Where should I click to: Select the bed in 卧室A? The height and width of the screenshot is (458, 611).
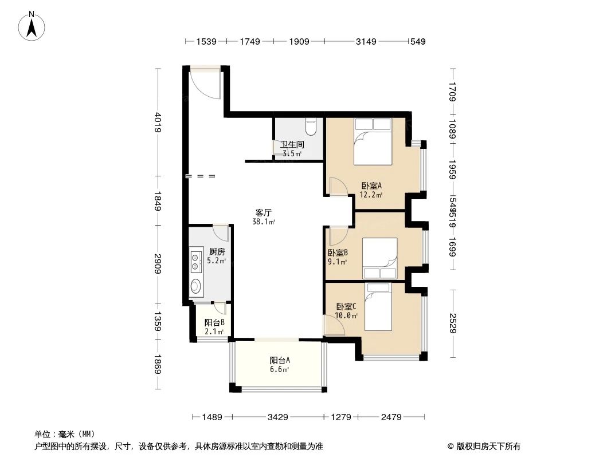(x=373, y=141)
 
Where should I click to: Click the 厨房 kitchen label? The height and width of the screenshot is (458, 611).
(x=217, y=255)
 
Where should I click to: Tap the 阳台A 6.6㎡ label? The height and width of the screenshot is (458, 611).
(x=280, y=364)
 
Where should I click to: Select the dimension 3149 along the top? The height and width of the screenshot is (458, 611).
(x=366, y=41)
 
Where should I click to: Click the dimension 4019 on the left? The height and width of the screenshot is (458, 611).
(x=158, y=121)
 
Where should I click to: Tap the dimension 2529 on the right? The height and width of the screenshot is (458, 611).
(x=453, y=324)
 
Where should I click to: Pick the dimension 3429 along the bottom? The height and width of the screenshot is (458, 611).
(x=277, y=417)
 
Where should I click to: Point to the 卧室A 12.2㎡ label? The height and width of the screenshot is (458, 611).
(x=371, y=189)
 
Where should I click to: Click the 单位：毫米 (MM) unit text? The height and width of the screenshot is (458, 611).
(x=64, y=435)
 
